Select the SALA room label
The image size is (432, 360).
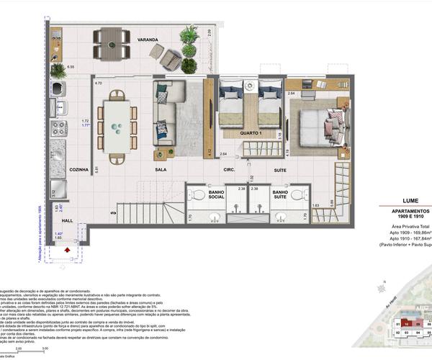pyautogui.click(x=162, y=171)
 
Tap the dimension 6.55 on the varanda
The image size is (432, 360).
pyautogui.click(x=71, y=66)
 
